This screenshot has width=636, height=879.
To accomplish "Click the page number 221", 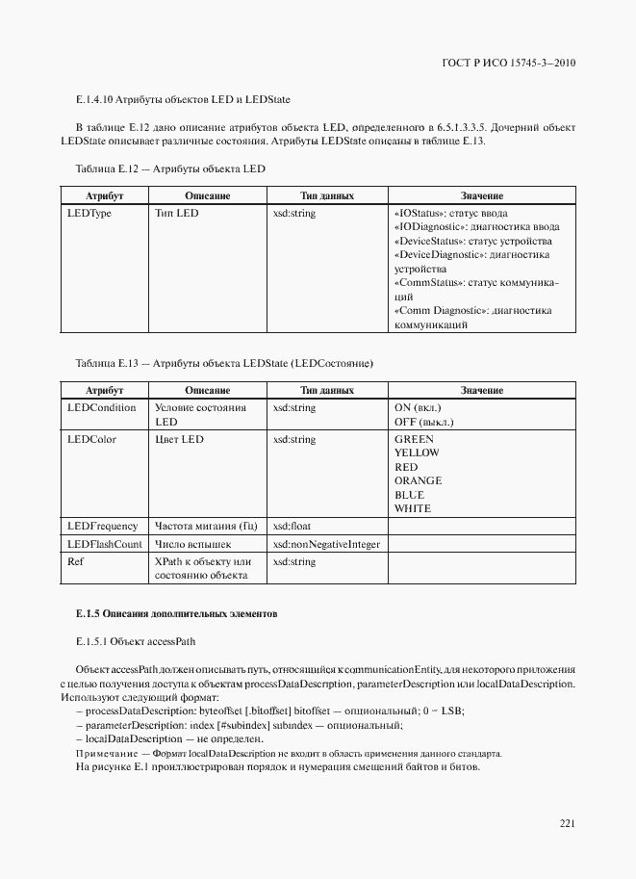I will point(566,822).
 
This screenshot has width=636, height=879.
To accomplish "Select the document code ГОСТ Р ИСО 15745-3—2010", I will point(506,64).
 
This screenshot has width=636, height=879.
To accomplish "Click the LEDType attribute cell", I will point(89,213).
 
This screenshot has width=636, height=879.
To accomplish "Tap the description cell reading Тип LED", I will point(176,213).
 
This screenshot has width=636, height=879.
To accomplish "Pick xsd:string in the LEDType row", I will point(293,213).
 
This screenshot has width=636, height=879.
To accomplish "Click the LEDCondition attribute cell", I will point(101,408).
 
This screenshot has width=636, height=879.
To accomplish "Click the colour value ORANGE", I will point(418,480).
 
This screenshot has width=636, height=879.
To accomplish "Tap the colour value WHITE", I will point(413,508).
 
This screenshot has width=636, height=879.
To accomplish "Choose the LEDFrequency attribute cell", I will point(102,527).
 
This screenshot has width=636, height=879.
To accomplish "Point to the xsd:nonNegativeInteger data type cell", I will point(325,544).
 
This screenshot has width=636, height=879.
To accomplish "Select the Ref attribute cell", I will point(75,561).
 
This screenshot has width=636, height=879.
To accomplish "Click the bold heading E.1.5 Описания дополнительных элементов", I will point(177,613).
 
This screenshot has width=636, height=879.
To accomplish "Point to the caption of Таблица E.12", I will point(169,168).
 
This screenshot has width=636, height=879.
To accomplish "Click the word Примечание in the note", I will point(104,753).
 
